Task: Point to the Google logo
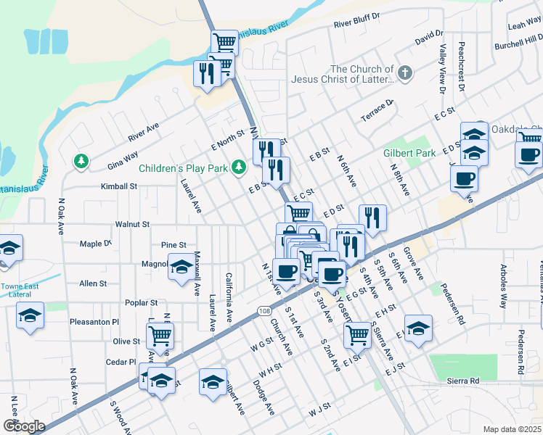point(23,426)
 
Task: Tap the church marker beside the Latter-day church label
point(405,72)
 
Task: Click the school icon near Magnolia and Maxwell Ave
point(181,267)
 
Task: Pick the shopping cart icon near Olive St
point(160,335)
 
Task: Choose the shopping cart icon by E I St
point(357,333)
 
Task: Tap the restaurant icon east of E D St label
point(372,218)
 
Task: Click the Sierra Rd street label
point(464,381)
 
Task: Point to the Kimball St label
point(120,186)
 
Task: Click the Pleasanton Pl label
point(94,321)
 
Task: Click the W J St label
point(319,411)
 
